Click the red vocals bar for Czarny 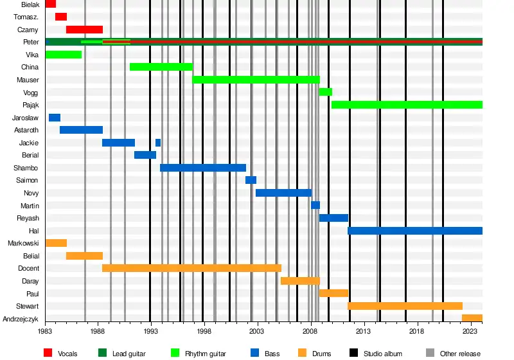coord(84,30)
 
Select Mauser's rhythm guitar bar coord(256,80)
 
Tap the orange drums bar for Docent coord(191,268)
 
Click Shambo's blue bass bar coord(202,168)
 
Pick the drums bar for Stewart coord(405,306)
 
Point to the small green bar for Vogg coord(325,92)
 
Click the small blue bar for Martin coord(315,205)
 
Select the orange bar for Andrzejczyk coord(472,318)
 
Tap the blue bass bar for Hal coord(415,231)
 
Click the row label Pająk coord(30,105)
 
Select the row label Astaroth coord(26,130)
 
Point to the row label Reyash coord(28,218)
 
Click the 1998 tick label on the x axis coord(204,331)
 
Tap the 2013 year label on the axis coord(364,331)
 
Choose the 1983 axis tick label coord(45,331)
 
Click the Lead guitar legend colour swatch coord(102,352)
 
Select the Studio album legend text coord(383,354)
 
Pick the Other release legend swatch coord(430,352)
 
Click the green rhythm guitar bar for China coord(161,67)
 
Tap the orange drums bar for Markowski coord(56,243)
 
